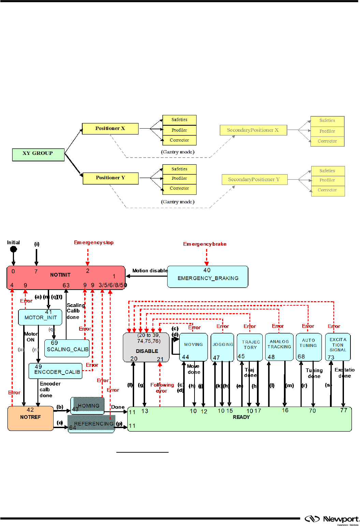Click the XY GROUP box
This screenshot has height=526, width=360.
click(38, 155)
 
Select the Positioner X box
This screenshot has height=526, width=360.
click(110, 129)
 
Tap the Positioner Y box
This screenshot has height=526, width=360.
click(111, 178)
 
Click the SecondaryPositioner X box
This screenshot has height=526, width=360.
click(253, 130)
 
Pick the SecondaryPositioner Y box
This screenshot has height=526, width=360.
click(254, 179)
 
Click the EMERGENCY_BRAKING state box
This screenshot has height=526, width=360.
click(207, 277)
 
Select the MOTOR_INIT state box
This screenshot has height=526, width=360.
click(40, 317)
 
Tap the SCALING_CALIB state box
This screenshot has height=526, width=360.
click(67, 348)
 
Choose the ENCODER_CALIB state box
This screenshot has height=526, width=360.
click(56, 371)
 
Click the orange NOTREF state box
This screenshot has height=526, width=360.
click(30, 418)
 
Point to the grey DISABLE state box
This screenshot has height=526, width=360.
click(146, 347)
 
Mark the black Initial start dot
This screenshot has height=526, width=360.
click(14, 249)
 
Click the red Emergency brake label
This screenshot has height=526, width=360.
click(205, 244)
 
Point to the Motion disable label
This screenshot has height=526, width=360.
click(150, 271)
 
